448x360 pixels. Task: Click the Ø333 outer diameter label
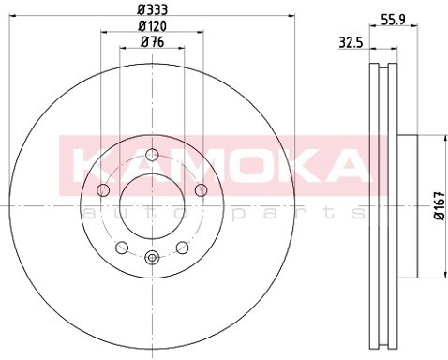tap(152, 9)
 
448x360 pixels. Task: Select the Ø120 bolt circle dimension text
tap(152, 26)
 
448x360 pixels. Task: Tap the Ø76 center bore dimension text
tap(152, 42)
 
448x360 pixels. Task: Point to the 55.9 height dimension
tap(394, 20)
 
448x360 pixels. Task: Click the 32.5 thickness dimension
tap(351, 43)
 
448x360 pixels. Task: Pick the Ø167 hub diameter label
tap(441, 206)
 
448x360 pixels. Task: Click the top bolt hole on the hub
tap(152, 155)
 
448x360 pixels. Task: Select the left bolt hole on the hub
tap(103, 189)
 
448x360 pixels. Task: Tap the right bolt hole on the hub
tap(202, 189)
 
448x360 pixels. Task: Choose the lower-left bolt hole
tap(122, 247)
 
